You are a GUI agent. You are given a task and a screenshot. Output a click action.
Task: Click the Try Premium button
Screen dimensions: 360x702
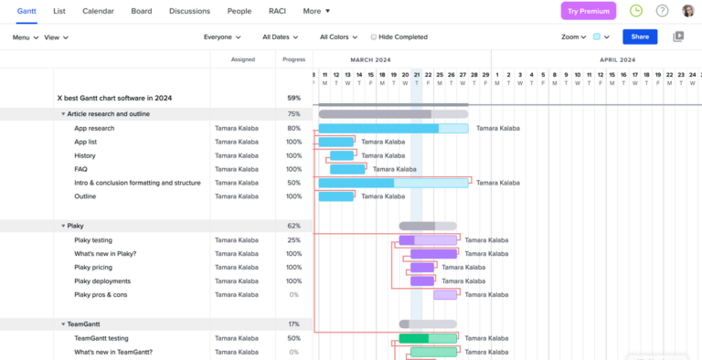coord(588,11)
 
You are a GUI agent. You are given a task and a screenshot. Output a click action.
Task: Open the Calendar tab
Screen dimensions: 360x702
coord(98,11)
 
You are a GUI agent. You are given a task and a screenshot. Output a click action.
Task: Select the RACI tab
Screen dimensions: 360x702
coord(277,11)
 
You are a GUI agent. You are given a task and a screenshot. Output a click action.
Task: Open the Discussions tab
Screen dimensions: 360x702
coord(189,11)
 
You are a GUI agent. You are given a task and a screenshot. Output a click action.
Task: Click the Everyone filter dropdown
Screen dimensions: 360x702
coord(222,37)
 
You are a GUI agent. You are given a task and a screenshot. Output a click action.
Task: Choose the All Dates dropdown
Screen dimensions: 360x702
coord(282,37)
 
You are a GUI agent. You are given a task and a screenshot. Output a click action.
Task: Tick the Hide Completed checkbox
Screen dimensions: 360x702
coord(374,37)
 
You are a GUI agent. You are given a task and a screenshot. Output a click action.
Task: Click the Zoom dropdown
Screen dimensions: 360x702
coord(573,37)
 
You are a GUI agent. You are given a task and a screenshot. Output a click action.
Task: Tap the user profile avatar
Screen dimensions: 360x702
coord(688,11)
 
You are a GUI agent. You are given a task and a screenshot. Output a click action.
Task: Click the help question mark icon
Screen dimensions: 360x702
coord(662,11)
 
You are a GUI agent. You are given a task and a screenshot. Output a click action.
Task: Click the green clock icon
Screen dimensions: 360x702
coord(636,11)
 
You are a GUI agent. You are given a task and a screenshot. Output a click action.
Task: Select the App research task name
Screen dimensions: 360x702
coord(94,128)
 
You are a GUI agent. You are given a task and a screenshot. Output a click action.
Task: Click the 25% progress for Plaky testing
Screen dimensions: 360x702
coord(293,240)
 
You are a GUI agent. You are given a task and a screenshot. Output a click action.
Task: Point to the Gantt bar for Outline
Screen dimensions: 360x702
coord(335,196)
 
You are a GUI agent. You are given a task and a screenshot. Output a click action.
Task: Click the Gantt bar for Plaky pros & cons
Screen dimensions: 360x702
coord(445,295)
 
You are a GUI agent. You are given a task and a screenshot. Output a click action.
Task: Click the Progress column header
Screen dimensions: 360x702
coord(293,58)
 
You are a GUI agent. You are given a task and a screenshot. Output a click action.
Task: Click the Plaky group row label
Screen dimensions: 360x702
coord(75,226)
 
